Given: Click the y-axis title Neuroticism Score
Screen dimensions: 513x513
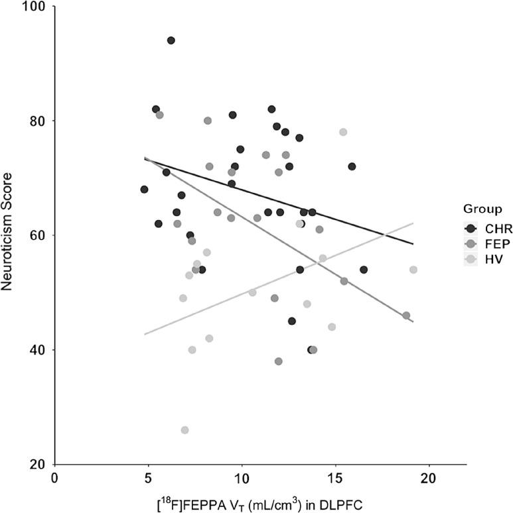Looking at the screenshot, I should click(8, 236).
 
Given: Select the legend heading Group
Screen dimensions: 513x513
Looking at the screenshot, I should click(482, 209).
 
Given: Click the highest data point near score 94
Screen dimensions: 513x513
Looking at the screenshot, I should click(171, 40).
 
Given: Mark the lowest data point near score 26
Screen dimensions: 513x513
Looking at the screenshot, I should click(184, 430).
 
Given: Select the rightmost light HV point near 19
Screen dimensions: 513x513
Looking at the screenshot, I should click(413, 270).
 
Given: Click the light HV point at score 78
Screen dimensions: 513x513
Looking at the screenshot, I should click(343, 132).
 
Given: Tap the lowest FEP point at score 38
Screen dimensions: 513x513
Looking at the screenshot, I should click(278, 361).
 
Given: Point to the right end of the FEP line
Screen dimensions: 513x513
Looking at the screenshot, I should click(413, 321).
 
